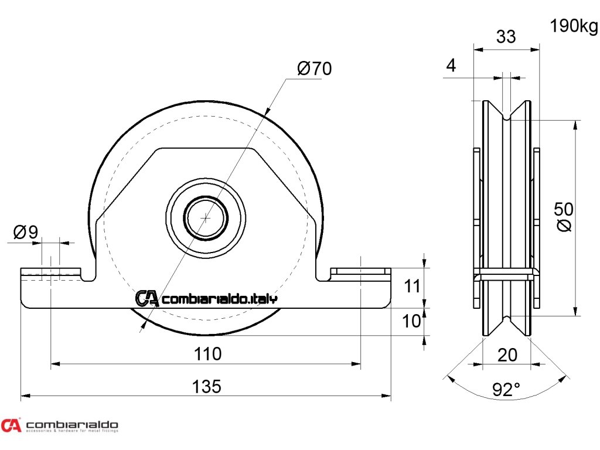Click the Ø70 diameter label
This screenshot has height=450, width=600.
point(314,69)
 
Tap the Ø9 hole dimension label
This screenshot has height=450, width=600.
point(26,233)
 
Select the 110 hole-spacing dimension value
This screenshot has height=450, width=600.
point(207,354)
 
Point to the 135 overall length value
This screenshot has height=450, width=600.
point(207,386)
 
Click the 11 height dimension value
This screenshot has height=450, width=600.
point(413,287)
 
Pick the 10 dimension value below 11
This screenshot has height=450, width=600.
point(412,321)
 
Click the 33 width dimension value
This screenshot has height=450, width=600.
point(506,36)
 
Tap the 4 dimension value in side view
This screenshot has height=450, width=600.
point(451,65)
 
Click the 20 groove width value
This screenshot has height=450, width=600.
point(507,354)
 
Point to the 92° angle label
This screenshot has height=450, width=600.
point(506,389)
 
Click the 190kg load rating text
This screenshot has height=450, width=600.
point(574,26)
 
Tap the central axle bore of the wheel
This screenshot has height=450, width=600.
point(206,217)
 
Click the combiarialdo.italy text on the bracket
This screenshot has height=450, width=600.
point(219,299)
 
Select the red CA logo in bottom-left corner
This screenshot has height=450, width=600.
point(11,425)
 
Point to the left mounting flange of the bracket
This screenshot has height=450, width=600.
point(50,274)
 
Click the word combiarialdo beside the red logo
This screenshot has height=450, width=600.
point(73,424)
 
